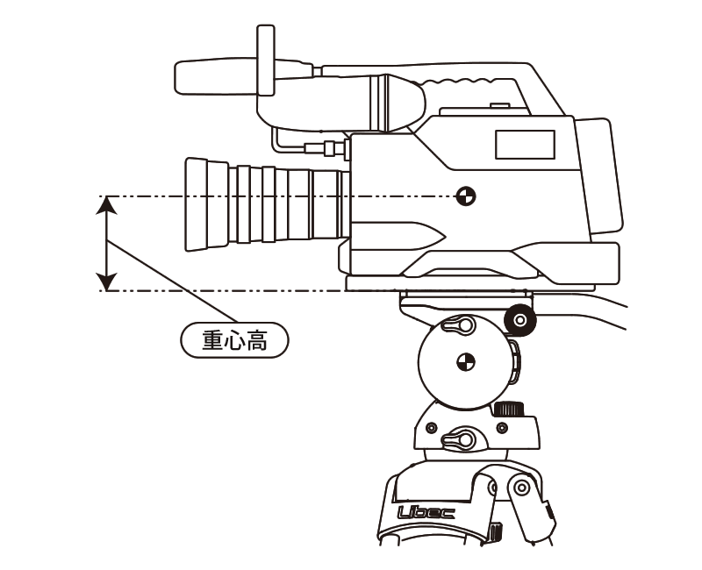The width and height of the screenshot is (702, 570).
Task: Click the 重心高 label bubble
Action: (234, 340)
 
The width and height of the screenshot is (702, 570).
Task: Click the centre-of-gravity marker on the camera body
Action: (466, 196)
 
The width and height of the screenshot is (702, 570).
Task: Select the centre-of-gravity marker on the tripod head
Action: (466, 362)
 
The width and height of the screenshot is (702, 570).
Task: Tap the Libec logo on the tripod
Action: (426, 512)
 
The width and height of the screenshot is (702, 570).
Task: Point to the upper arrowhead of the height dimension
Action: (106, 205)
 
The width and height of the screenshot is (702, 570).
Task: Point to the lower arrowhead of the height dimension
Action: (106, 281)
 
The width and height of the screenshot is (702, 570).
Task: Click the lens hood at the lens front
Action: (206, 204)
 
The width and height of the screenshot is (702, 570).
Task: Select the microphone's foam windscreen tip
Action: (216, 77)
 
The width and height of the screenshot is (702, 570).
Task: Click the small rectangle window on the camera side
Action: (525, 145)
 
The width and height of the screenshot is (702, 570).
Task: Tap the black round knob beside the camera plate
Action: (519, 320)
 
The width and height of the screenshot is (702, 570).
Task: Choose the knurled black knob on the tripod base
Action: (508, 409)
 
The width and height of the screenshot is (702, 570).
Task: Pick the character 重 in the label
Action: (212, 340)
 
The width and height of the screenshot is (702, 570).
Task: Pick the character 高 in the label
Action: (256, 340)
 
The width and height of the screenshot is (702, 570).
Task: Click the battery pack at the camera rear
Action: (598, 176)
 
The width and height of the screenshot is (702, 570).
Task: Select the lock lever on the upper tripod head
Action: (458, 324)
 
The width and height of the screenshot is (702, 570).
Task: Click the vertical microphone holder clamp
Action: (266, 61)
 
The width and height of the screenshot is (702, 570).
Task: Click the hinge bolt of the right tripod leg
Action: (521, 488)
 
